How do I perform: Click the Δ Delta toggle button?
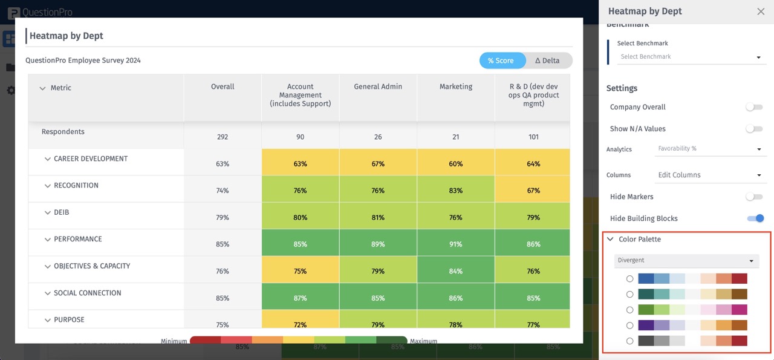[547, 61]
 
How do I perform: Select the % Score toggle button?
[501, 61]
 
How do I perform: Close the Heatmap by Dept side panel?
[761, 11]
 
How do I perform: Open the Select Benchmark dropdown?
[690, 57]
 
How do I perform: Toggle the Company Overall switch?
[753, 107]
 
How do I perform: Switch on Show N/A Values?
[753, 129]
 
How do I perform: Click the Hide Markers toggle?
[753, 197]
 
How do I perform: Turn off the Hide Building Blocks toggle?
[755, 218]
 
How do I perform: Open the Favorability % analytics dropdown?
[709, 149]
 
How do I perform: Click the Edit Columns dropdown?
[709, 175]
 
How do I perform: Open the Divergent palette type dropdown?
[686, 261]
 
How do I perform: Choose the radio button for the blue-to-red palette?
[629, 279]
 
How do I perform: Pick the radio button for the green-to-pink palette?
[629, 310]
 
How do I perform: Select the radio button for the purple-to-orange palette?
[629, 326]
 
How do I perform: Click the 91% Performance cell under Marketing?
[456, 244]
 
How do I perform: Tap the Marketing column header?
[456, 87]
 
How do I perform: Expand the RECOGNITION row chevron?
[47, 186]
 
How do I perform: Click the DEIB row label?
[62, 212]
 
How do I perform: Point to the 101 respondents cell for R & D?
[533, 137]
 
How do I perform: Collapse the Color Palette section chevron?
[611, 240]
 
